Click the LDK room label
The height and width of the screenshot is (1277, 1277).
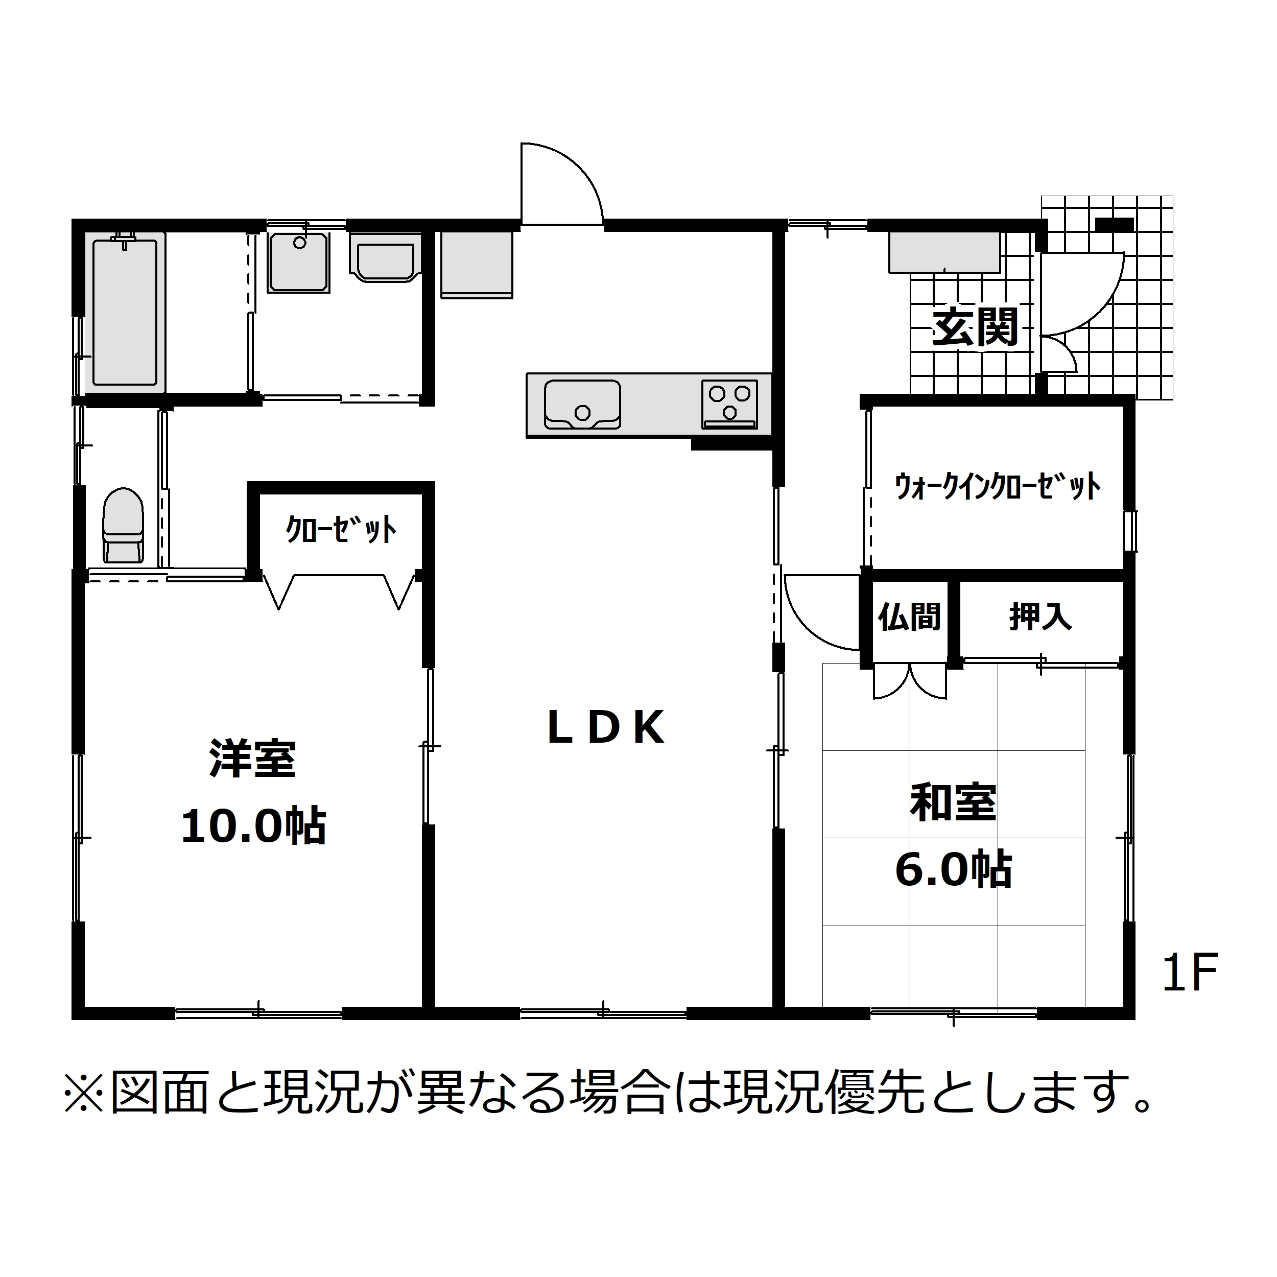pyautogui.click(x=606, y=728)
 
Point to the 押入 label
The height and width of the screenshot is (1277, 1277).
pyautogui.click(x=1040, y=617)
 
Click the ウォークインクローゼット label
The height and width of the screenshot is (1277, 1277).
pyautogui.click(x=998, y=487)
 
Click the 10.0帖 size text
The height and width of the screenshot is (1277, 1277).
pyautogui.click(x=254, y=825)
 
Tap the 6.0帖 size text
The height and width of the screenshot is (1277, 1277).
pyautogui.click(x=953, y=870)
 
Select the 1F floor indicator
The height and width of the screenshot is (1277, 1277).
pyautogui.click(x=1190, y=972)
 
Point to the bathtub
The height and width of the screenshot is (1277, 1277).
pyautogui.click(x=125, y=313)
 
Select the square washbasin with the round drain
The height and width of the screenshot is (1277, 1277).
pyautogui.click(x=299, y=263)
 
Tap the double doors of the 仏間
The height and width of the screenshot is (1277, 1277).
pyautogui.click(x=910, y=681)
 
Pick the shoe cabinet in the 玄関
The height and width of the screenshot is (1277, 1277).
pyautogui.click(x=944, y=252)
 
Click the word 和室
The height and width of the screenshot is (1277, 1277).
pyautogui.click(x=953, y=802)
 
